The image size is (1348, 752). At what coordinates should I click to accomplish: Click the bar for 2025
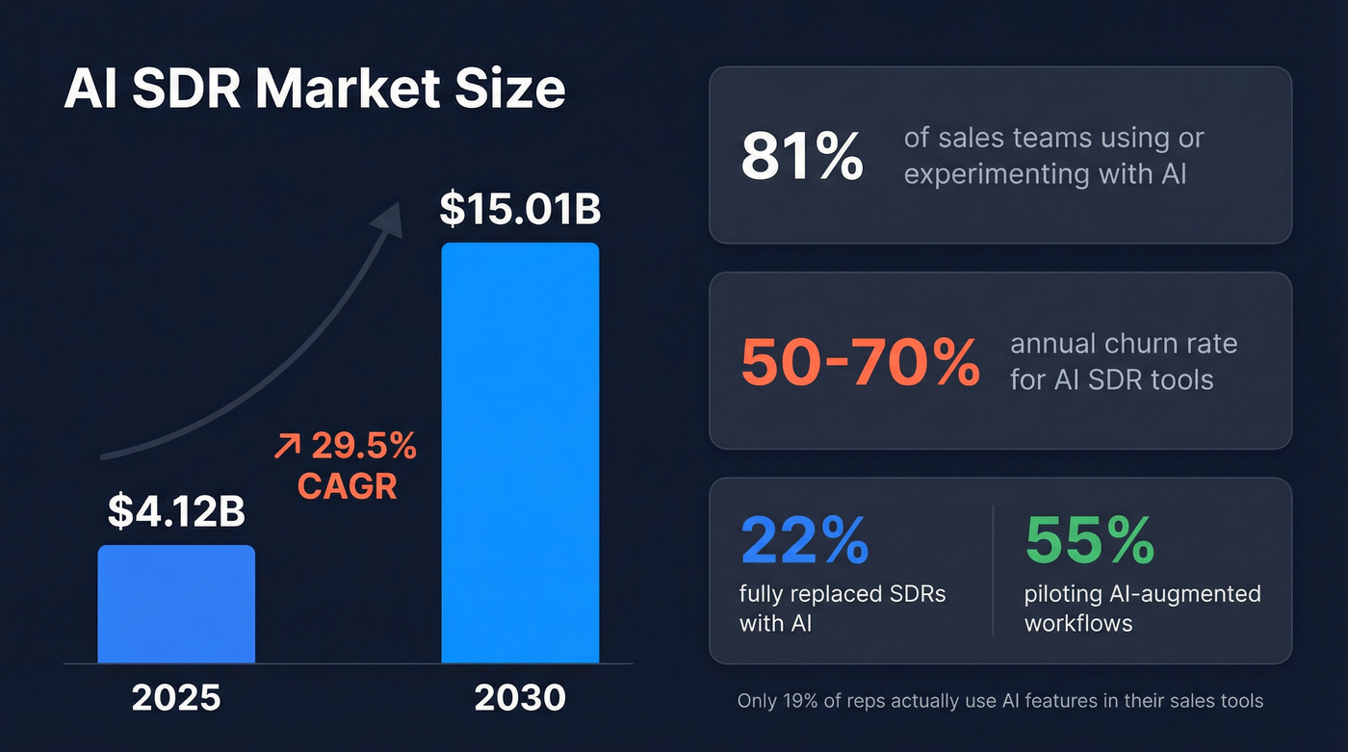[x=176, y=604]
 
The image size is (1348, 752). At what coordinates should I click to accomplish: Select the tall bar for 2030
[x=520, y=453]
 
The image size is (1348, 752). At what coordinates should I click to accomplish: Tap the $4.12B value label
[x=176, y=512]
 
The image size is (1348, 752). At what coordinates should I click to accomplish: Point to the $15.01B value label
[x=520, y=210]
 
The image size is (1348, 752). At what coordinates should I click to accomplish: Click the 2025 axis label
[x=176, y=698]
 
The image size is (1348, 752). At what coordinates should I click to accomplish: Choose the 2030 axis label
[x=520, y=698]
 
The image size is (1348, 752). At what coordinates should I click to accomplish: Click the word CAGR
[x=347, y=486]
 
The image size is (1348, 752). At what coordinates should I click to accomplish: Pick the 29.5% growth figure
[x=364, y=446]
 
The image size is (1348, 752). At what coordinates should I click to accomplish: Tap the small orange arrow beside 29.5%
[x=286, y=447]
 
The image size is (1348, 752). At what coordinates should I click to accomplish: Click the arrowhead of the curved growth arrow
[x=390, y=219]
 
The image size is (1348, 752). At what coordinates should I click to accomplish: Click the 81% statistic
[x=801, y=157]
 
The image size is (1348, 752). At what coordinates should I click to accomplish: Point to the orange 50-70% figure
[x=860, y=362]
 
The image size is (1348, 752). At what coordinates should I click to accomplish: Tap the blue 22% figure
[x=804, y=541]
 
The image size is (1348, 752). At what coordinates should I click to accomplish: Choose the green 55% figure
[x=1090, y=541]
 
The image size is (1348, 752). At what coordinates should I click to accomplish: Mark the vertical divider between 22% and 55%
[x=993, y=570]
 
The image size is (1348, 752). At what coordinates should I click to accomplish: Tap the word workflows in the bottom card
[x=1077, y=623]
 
